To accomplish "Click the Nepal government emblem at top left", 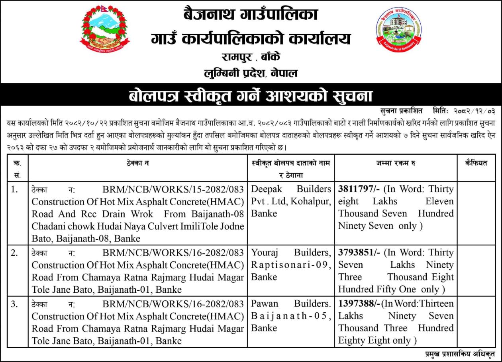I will pos(105,29).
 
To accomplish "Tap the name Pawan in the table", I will pos(264,304).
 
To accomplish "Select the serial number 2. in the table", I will pos(15,253).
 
